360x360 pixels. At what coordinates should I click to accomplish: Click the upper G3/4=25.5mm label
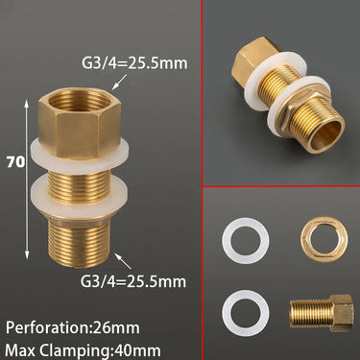point(134,62)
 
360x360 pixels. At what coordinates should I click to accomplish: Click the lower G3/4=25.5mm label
point(133,281)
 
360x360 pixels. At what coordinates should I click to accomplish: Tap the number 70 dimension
point(15,162)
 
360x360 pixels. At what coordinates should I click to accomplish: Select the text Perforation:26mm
point(73,328)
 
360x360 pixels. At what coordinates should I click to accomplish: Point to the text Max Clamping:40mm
point(83,350)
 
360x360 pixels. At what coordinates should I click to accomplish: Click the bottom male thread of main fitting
point(80,242)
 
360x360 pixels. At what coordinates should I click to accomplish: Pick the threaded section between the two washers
point(80,185)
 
